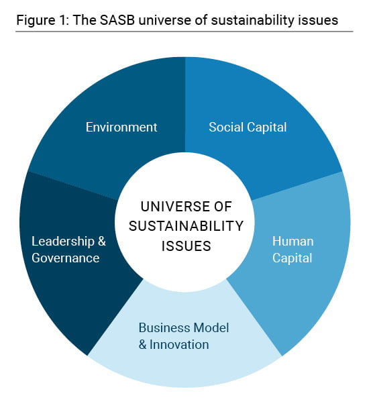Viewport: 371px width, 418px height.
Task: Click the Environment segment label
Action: pos(121,127)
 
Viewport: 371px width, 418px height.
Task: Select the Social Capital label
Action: pos(248,127)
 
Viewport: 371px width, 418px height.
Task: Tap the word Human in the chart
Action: pos(293,242)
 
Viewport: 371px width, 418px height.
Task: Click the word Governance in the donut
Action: pos(66,258)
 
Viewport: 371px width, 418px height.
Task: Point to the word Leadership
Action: pos(63,242)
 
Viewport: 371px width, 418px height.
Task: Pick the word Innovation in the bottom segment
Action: pos(179,344)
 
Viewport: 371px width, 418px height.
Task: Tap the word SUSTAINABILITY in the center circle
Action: pos(186,226)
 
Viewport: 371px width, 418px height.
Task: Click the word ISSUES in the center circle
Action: pos(186,246)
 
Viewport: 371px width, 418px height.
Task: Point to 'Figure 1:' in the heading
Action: pos(43,20)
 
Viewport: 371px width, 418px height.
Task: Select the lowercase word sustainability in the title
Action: pos(253,20)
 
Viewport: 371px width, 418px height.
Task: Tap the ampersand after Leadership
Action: pos(102,242)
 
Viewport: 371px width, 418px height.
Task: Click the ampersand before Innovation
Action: pos(143,344)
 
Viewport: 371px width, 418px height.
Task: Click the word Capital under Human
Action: pos(292,258)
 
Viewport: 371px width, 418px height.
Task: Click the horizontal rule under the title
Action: pos(184,32)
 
